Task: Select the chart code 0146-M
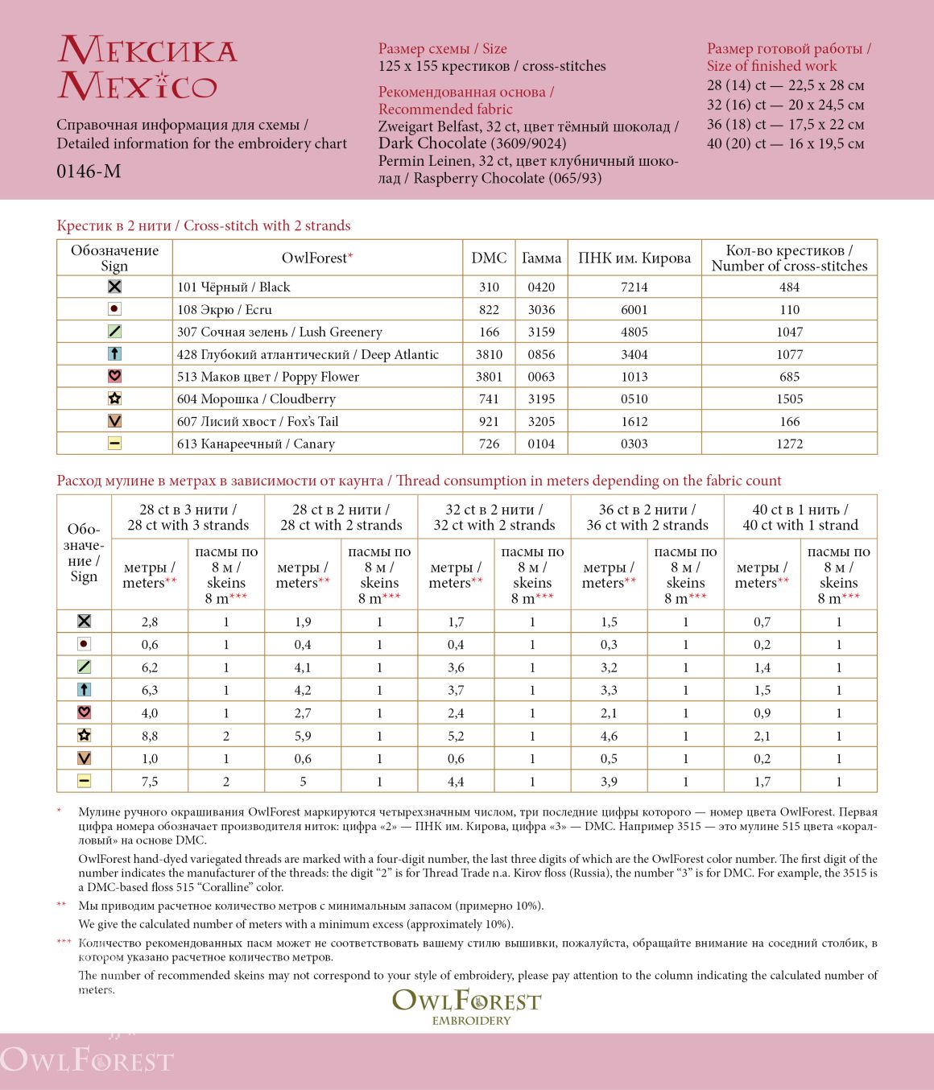pos(89,171)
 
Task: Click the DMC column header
pos(489,258)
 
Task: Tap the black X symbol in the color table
pos(114,287)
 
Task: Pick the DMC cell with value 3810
pos(489,354)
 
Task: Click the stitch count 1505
pos(789,398)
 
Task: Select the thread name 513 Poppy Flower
pos(268,377)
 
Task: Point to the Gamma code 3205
pos(541,421)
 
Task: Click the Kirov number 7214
pos(634,287)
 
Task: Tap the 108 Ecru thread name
pos(225,309)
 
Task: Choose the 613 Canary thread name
pos(256,444)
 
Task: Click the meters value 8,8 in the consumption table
pos(150,736)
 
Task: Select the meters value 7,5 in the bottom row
pos(150,782)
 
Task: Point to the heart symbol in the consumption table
pos(84,712)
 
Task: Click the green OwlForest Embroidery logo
pos(467,1005)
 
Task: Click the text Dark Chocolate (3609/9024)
pos(472,143)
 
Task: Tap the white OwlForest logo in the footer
pos(87,1059)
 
